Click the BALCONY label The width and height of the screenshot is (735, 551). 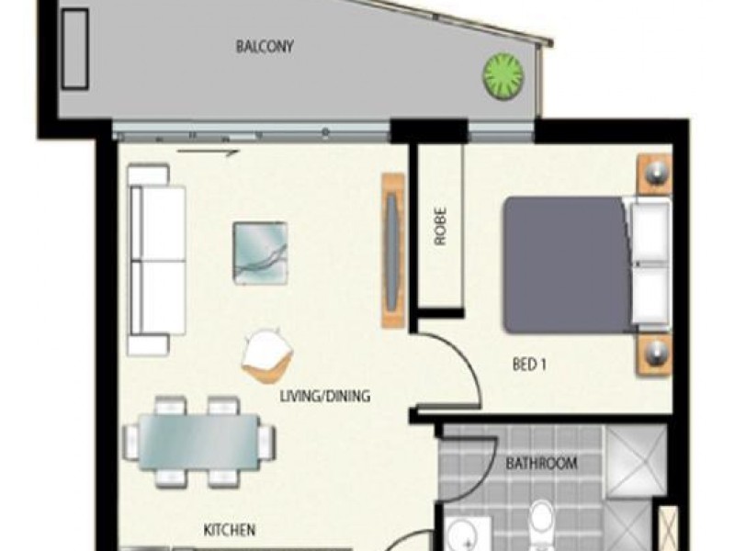click(265, 46)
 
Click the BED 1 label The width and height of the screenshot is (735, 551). click(529, 364)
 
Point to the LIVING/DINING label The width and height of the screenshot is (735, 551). click(325, 398)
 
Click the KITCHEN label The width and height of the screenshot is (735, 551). click(230, 530)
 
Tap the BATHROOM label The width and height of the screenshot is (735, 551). click(542, 464)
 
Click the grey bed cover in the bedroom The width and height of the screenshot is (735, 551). click(564, 264)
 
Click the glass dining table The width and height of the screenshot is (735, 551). click(198, 441)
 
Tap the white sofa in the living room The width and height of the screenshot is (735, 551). click(156, 260)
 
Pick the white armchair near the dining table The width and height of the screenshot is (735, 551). click(268, 354)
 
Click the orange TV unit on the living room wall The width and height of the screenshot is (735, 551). click(393, 249)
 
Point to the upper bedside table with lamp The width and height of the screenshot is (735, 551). click(655, 174)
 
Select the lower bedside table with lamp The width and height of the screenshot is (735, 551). click(655, 356)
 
